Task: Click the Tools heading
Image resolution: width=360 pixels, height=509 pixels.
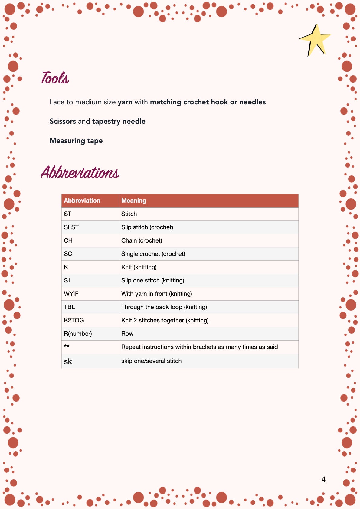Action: pos(55,78)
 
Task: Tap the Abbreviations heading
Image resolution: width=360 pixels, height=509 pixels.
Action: pos(80,172)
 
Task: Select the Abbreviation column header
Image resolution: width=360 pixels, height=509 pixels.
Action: pos(82,201)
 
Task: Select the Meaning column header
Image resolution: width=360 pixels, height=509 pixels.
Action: pos(134,201)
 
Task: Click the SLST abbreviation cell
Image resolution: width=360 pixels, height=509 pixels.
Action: pos(71,227)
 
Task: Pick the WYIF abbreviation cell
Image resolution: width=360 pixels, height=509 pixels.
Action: pos(71,294)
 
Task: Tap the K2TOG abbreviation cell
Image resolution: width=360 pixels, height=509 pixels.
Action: pos(74,320)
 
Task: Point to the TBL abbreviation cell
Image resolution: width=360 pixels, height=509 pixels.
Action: pos(69,307)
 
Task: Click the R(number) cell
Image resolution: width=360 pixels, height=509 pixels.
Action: pos(78,334)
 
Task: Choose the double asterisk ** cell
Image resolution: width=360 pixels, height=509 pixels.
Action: pos(67,346)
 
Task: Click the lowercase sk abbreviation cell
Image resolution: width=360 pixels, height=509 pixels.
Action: pos(68,361)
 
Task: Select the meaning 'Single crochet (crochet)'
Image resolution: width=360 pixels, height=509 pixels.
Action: pos(153,254)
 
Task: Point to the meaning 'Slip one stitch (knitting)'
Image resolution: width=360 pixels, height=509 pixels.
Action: pos(153,280)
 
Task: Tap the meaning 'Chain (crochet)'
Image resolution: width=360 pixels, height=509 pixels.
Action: pos(142,240)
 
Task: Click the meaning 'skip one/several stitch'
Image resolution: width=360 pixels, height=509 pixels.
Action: pos(151,361)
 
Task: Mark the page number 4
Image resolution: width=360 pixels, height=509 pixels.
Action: pos(323,479)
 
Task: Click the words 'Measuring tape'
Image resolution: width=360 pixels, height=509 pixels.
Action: pos(76,141)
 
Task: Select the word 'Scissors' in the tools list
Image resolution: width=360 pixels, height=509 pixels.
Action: pos(63,121)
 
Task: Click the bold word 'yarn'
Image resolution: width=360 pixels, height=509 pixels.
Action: pos(125,102)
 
